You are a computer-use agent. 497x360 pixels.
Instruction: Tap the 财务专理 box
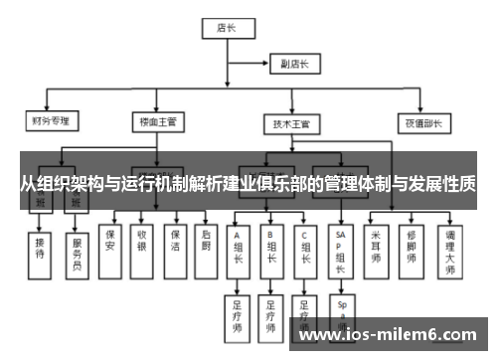point(50,122)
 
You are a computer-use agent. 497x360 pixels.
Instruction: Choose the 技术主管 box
point(291,123)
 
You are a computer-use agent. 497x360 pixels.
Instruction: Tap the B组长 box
point(270,249)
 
